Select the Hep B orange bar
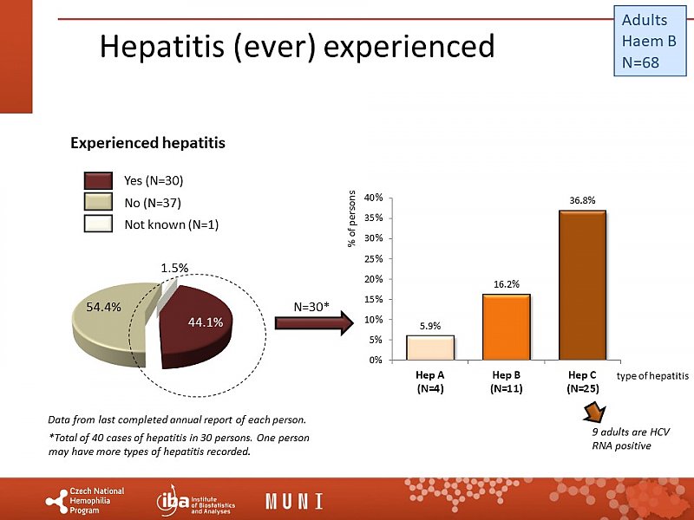click(x=505, y=326)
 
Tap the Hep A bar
click(x=430, y=347)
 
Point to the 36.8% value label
click(x=581, y=200)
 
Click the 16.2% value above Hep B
click(x=505, y=283)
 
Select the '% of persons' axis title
click(x=353, y=218)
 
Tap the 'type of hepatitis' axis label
click(x=653, y=376)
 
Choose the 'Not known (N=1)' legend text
click(x=171, y=224)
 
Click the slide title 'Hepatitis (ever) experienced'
click(x=297, y=46)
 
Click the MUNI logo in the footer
click(x=294, y=501)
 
